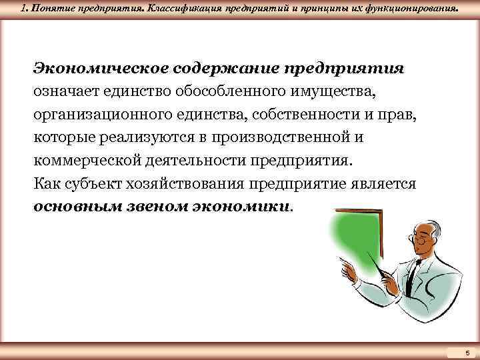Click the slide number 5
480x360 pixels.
pyautogui.click(x=467, y=352)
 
